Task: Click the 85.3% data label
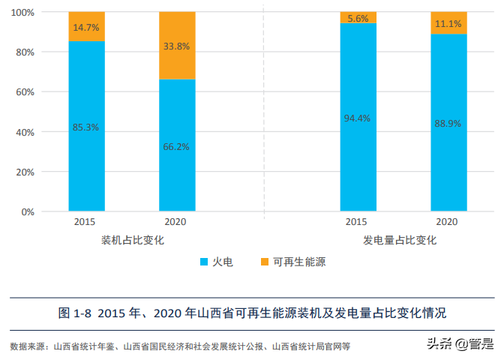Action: pyautogui.click(x=86, y=127)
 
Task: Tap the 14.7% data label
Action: pyautogui.click(x=86, y=28)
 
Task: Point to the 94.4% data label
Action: pyautogui.click(x=358, y=118)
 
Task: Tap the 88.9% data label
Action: pyautogui.click(x=448, y=124)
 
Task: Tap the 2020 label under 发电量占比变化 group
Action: pyautogui.click(x=447, y=222)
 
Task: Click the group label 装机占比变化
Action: pyautogui.click(x=132, y=240)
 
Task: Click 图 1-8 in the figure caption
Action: pyautogui.click(x=74, y=312)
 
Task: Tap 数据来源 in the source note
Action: pyautogui.click(x=26, y=346)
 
